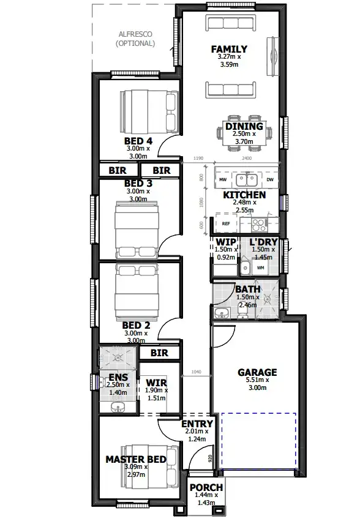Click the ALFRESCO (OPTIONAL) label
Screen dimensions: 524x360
[135, 39]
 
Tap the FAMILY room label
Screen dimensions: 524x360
[229, 49]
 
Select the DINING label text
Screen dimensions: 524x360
[244, 127]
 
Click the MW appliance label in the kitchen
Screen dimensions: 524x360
[223, 181]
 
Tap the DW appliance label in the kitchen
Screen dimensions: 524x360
[270, 181]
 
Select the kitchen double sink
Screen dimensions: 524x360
[246, 180]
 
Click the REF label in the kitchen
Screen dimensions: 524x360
[226, 224]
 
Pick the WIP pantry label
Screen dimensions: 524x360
[222, 242]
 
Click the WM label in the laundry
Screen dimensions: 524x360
[260, 268]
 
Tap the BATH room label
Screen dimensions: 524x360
[248, 290]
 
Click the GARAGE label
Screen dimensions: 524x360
[257, 372]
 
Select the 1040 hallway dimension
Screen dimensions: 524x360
[196, 372]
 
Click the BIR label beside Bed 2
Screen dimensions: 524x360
[159, 353]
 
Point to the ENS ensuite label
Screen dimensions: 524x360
[118, 377]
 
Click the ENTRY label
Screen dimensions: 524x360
[197, 424]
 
